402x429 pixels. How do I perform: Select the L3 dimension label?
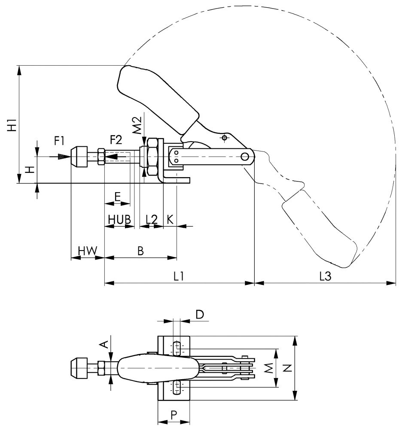tap(325, 277)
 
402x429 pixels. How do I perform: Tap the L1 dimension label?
tap(179, 277)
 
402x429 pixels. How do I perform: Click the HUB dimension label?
tap(119, 218)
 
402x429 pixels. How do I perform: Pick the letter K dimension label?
tap(170, 219)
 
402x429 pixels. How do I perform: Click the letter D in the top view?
tap(200, 314)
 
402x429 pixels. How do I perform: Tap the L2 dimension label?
tap(151, 219)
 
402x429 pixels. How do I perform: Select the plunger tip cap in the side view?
tap(79, 157)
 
